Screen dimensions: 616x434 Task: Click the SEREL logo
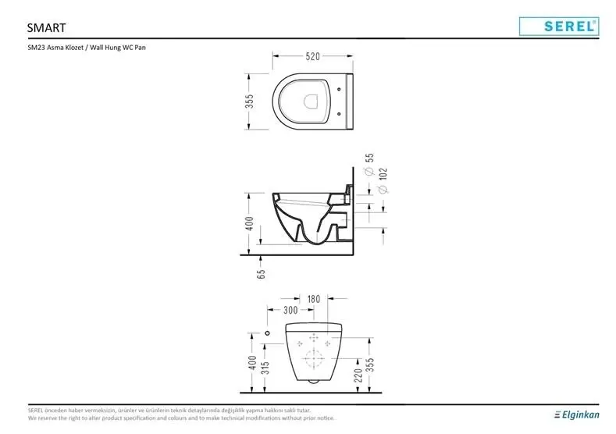[559, 27]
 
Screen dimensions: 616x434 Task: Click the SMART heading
[46, 28]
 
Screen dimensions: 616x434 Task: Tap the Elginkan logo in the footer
[577, 414]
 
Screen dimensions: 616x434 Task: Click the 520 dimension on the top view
[313, 56]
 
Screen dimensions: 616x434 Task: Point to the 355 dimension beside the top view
[250, 101]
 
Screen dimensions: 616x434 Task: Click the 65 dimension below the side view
[262, 274]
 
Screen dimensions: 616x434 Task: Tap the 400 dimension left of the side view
[250, 224]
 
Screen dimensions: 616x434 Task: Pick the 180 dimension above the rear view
[314, 299]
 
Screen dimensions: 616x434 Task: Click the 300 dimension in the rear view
[290, 311]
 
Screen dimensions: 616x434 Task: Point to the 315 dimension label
[265, 368]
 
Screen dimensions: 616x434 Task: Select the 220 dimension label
[358, 375]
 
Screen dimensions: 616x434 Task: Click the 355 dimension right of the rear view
[370, 365]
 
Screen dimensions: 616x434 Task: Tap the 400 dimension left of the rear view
[253, 362]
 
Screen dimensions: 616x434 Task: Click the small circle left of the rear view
[268, 333]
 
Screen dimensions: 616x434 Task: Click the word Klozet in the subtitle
[75, 48]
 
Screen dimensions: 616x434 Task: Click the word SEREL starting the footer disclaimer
[35, 411]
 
